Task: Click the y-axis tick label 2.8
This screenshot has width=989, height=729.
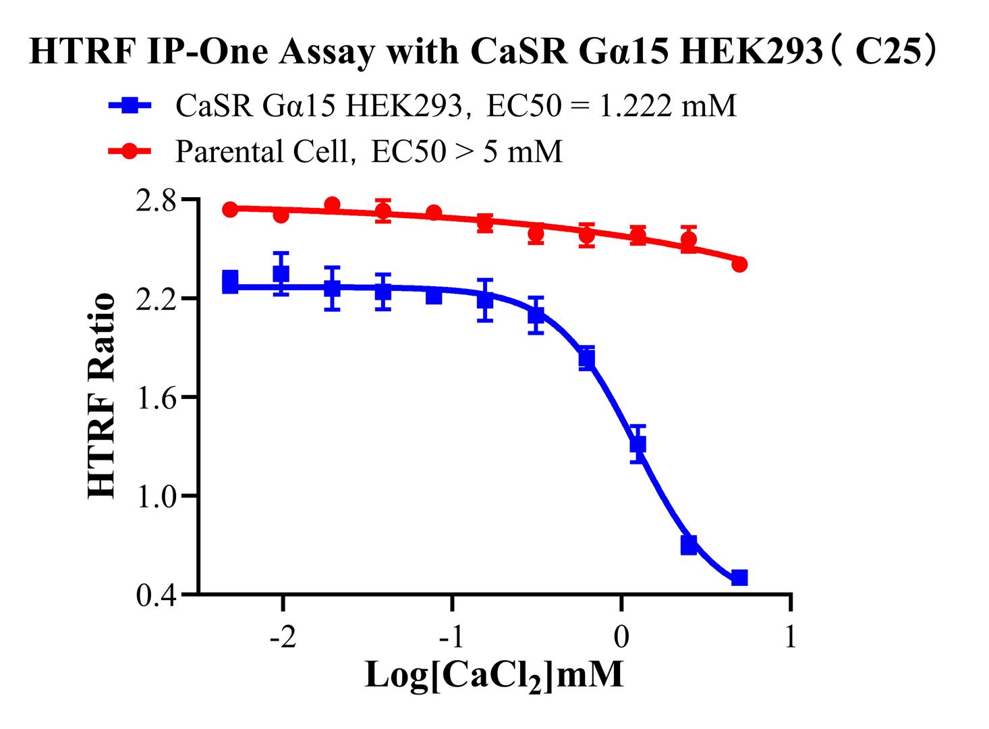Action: tap(157, 200)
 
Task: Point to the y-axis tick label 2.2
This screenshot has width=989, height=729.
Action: tap(157, 298)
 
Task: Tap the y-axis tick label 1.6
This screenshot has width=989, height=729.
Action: tap(157, 397)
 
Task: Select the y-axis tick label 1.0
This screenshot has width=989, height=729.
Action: tap(157, 495)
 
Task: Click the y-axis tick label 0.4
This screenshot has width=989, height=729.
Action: tap(157, 595)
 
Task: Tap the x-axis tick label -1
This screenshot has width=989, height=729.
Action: tap(451, 637)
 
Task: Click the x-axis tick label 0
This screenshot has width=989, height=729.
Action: tap(621, 637)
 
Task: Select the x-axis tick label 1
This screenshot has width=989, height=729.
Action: tap(791, 637)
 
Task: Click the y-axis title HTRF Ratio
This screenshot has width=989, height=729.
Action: tap(102, 397)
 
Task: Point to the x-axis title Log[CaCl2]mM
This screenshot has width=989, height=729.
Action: tap(494, 676)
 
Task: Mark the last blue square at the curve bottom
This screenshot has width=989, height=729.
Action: tap(739, 578)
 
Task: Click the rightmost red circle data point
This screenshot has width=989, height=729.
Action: tap(739, 264)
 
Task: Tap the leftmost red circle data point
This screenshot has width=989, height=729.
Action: tap(230, 209)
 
